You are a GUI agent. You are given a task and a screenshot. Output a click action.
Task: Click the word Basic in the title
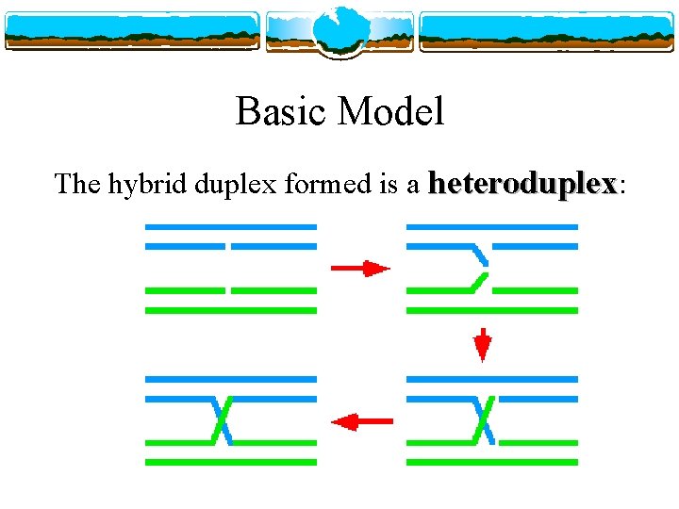click(x=281, y=112)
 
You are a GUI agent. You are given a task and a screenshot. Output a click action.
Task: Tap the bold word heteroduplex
click(x=522, y=183)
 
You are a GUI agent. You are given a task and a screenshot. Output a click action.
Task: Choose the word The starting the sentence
click(x=77, y=183)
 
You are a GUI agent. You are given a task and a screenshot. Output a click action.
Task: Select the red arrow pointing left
click(x=362, y=421)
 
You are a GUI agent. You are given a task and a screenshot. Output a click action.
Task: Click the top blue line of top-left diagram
click(x=230, y=227)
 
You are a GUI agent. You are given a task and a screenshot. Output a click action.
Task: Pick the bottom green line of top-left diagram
click(x=230, y=309)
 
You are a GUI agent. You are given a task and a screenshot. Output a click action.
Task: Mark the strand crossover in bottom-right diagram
click(x=485, y=419)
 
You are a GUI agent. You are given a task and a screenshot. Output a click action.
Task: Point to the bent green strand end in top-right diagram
click(x=480, y=281)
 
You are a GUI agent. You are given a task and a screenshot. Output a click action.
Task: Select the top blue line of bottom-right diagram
click(x=491, y=379)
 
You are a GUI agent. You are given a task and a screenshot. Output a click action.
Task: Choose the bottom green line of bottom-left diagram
click(x=230, y=462)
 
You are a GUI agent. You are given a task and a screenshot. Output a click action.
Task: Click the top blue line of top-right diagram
click(x=491, y=227)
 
